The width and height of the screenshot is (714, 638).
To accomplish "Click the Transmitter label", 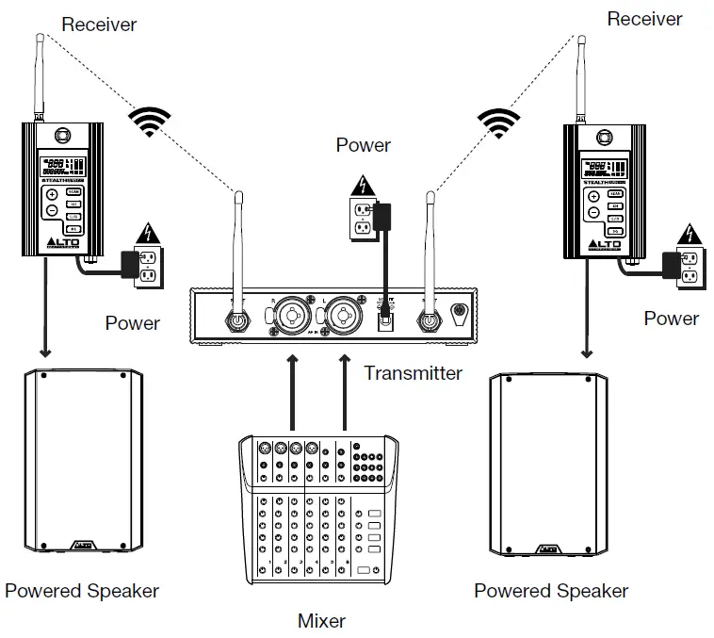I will (413, 372).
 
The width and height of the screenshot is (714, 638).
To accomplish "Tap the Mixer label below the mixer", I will (321, 620).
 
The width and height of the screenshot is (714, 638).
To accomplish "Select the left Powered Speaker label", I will (82, 591).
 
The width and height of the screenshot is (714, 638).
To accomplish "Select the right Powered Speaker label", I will (551, 591).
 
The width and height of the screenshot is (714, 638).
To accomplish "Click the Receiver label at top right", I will (644, 18).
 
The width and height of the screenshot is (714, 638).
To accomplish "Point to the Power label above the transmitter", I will (363, 145).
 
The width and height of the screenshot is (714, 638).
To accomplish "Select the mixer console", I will (321, 510).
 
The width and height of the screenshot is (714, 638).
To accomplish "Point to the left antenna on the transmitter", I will (239, 250).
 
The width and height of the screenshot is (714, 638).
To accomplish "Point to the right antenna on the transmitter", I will (430, 250).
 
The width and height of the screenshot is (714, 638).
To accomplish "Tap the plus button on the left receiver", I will (52, 194).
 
